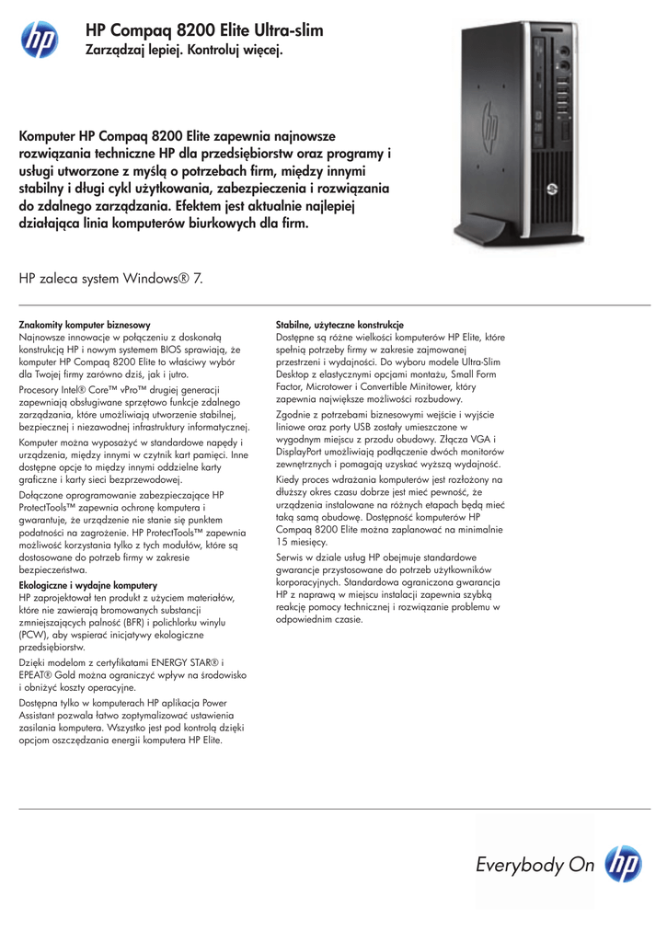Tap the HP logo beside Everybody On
tap(626, 864)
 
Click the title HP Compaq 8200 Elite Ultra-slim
tap(203, 31)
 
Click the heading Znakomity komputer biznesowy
tap(85, 325)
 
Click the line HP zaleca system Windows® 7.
tap(111, 277)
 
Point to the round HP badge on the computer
tap(551, 189)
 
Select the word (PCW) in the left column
tap(33, 635)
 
